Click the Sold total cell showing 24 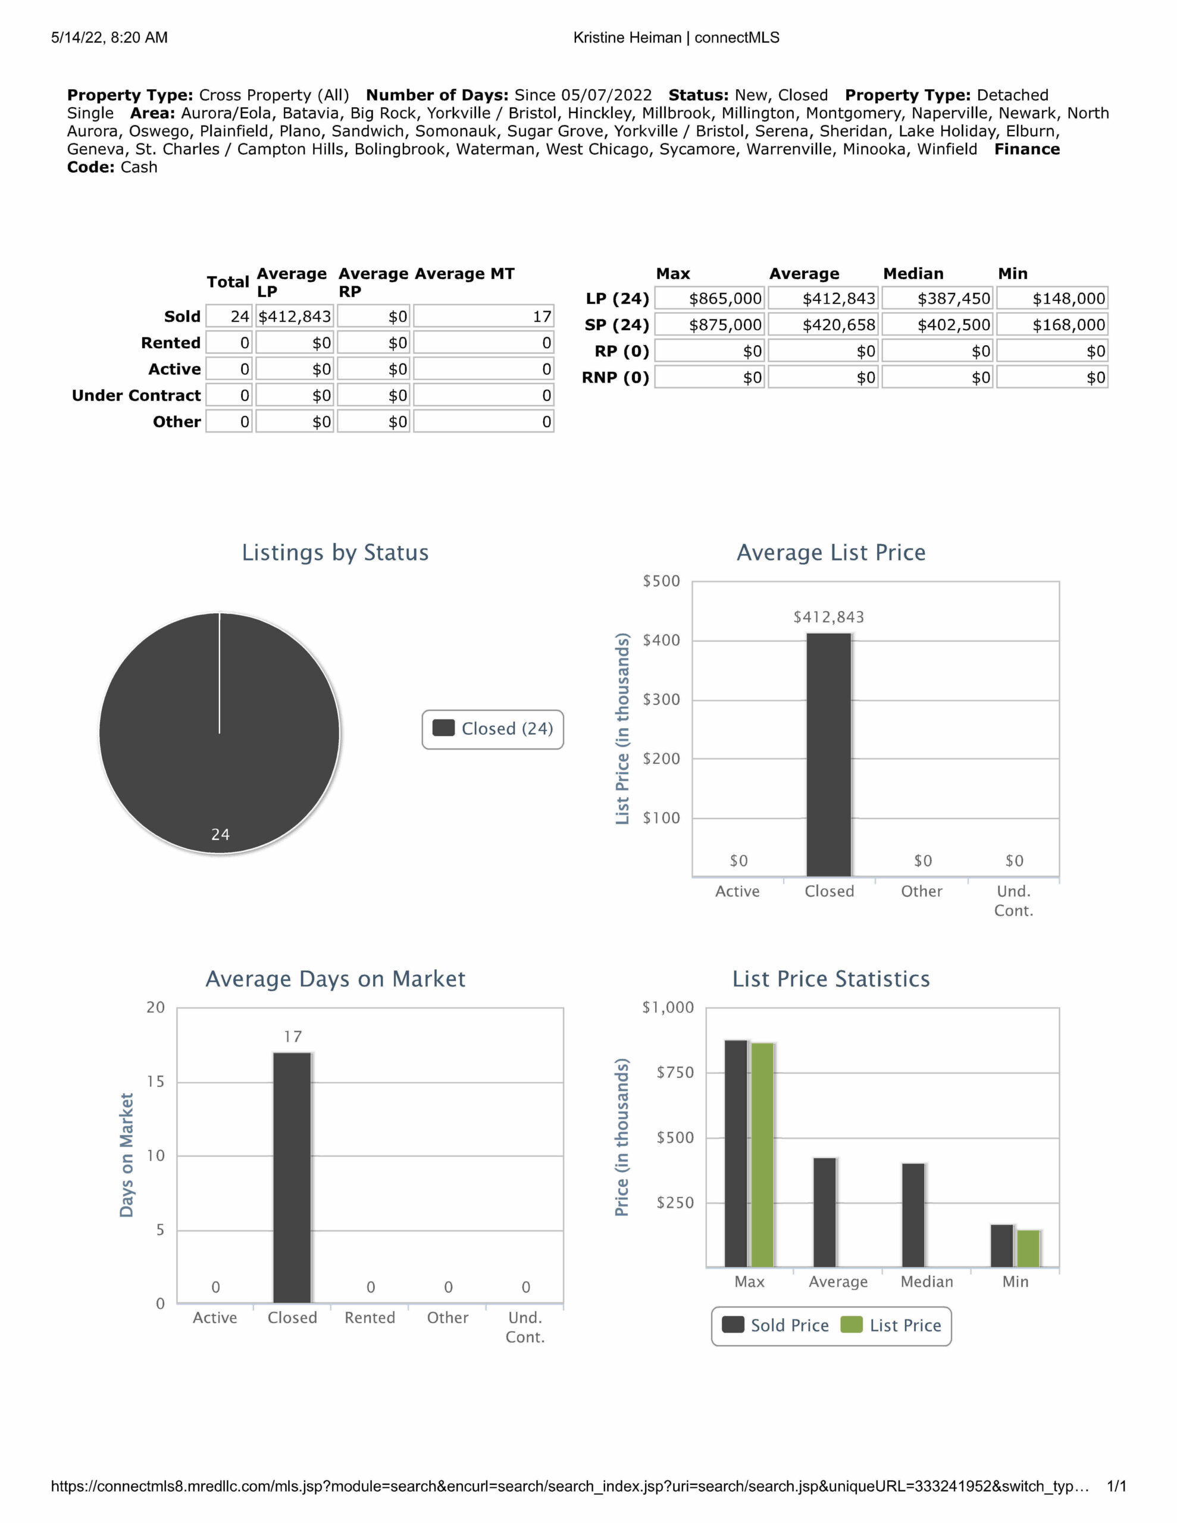[229, 316]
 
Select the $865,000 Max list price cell [709, 299]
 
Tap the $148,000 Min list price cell [1051, 299]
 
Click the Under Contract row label [136, 396]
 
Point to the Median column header [913, 273]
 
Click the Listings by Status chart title [335, 552]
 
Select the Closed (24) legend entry [493, 729]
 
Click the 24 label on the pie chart [221, 834]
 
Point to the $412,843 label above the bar [829, 617]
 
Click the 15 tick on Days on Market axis [155, 1082]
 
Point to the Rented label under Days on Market [370, 1318]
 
